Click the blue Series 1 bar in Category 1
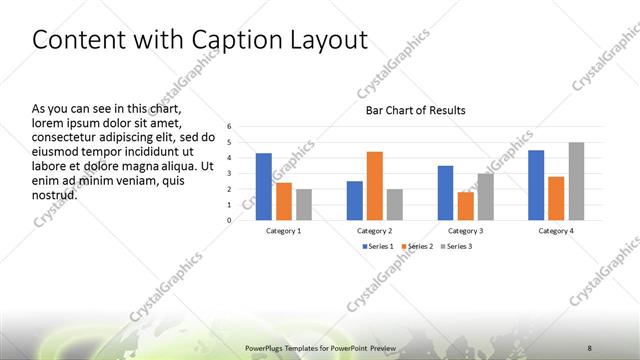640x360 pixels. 264,186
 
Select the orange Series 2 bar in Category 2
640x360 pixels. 374,185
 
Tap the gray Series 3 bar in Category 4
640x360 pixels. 576,181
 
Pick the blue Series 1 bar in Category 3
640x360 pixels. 445,192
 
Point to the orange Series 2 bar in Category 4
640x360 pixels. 556,198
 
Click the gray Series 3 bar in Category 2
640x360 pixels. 394,204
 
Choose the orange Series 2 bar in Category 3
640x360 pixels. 465,205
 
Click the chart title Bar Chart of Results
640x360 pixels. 415,110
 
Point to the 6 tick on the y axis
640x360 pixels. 229,127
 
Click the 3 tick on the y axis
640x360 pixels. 229,173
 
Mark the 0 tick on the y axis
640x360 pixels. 229,220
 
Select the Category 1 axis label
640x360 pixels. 284,231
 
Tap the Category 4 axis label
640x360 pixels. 556,231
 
